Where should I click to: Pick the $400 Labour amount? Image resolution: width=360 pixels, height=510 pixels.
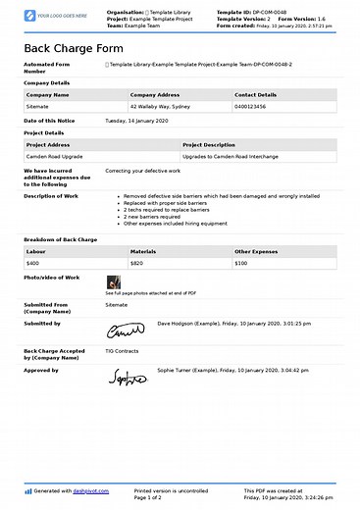33,263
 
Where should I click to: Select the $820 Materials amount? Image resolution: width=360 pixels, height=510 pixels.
137,263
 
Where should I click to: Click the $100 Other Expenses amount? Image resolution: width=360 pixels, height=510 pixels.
241,263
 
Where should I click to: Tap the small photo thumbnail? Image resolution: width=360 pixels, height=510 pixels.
113,281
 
